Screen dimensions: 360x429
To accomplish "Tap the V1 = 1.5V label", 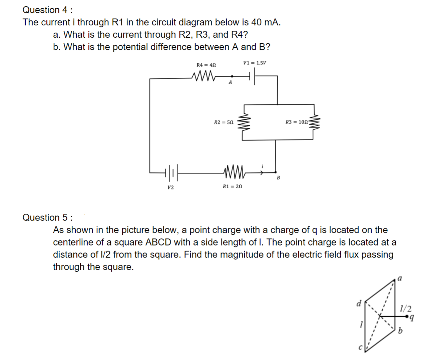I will coord(255,62).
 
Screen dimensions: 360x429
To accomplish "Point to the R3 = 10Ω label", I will coord(297,122).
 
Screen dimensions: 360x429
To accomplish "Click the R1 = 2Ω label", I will coord(232,187).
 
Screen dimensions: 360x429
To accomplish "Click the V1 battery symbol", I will coord(252,76).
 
